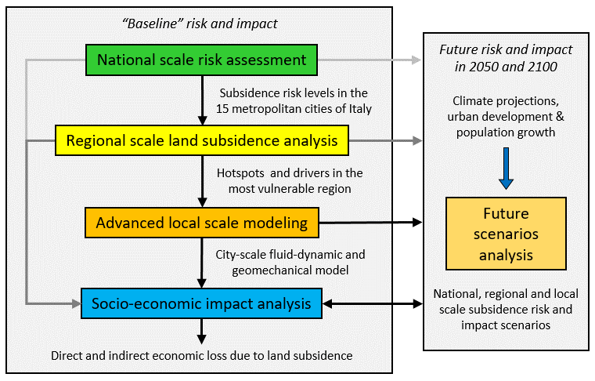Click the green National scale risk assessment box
201,60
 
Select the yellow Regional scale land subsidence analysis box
202,140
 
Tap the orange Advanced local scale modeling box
202,223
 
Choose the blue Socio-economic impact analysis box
201,303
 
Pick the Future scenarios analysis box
506,234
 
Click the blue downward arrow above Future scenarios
506,169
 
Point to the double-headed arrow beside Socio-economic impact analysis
372,303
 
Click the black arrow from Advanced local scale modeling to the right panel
370,223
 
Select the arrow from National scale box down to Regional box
202,100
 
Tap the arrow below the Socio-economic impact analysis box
202,332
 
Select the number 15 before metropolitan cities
222,109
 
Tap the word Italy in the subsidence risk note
360,110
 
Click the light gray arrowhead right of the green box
416,60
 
